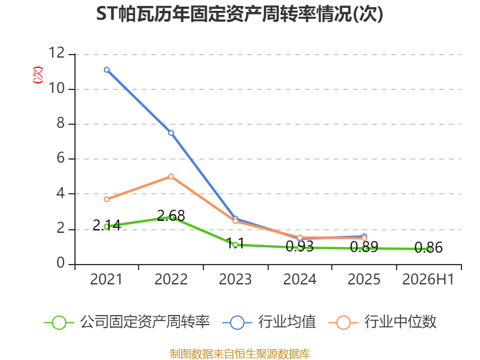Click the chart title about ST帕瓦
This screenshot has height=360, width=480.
(x=239, y=14)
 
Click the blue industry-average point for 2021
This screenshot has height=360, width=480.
(x=107, y=70)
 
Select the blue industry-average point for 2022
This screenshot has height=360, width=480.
(x=171, y=133)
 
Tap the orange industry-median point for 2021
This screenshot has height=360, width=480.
(x=107, y=199)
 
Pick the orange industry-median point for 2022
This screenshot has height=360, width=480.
(x=171, y=176)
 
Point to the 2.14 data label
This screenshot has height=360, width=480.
(x=107, y=226)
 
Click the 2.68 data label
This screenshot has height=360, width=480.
(x=171, y=215)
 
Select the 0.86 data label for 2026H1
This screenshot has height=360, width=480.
(x=428, y=247)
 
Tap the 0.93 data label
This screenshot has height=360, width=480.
(x=299, y=246)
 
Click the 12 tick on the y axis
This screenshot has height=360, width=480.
(x=57, y=53)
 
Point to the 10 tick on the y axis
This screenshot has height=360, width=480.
(x=57, y=88)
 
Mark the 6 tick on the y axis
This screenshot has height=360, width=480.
(x=61, y=158)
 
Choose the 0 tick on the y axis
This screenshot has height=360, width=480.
(x=61, y=263)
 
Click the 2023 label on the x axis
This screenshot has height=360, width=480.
(x=235, y=279)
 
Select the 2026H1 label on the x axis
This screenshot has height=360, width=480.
(x=428, y=279)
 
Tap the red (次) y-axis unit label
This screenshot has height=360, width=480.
(x=38, y=75)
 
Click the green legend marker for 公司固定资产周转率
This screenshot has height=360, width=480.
(x=59, y=323)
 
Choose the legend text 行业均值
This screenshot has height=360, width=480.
(x=287, y=322)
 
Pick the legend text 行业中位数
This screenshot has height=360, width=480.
(x=400, y=322)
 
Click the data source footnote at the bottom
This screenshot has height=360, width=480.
(x=239, y=354)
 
